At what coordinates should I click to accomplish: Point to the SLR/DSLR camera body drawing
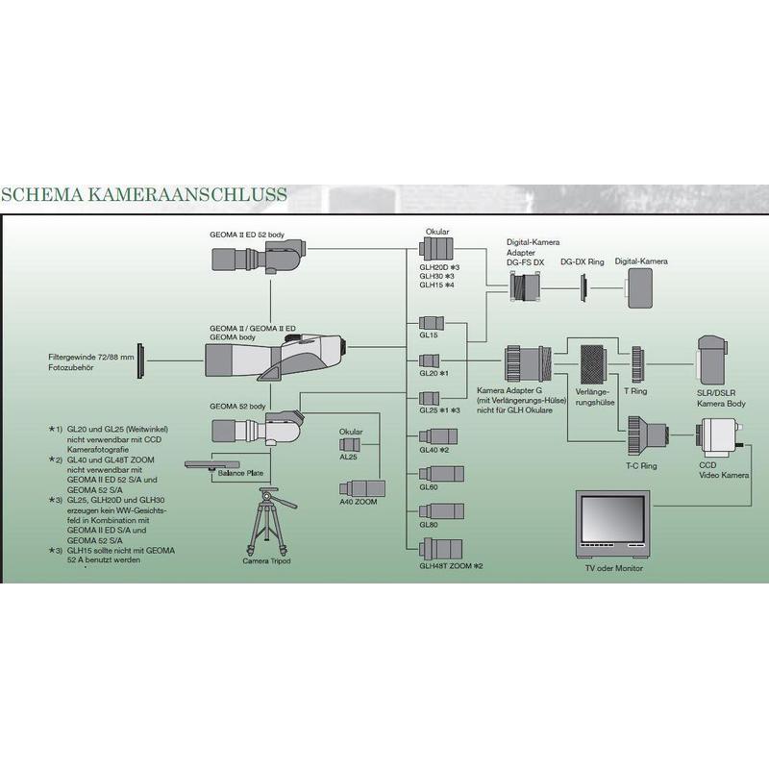[713, 361]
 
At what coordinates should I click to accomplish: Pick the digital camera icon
[640, 285]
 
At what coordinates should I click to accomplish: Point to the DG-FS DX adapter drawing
[529, 285]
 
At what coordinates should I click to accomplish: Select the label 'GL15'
[429, 335]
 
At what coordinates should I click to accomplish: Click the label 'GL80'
[429, 525]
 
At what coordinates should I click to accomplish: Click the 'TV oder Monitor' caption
[614, 568]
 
